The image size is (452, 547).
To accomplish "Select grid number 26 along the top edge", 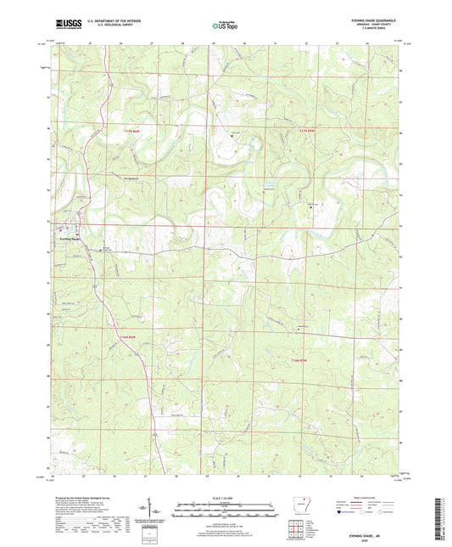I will coord(121,42).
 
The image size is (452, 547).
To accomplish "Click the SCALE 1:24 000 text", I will coord(226,499).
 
